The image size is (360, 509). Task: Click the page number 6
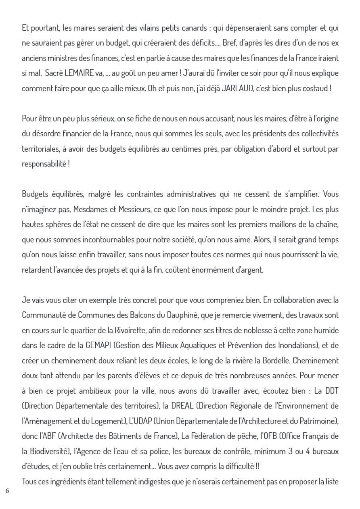(x=7, y=491)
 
